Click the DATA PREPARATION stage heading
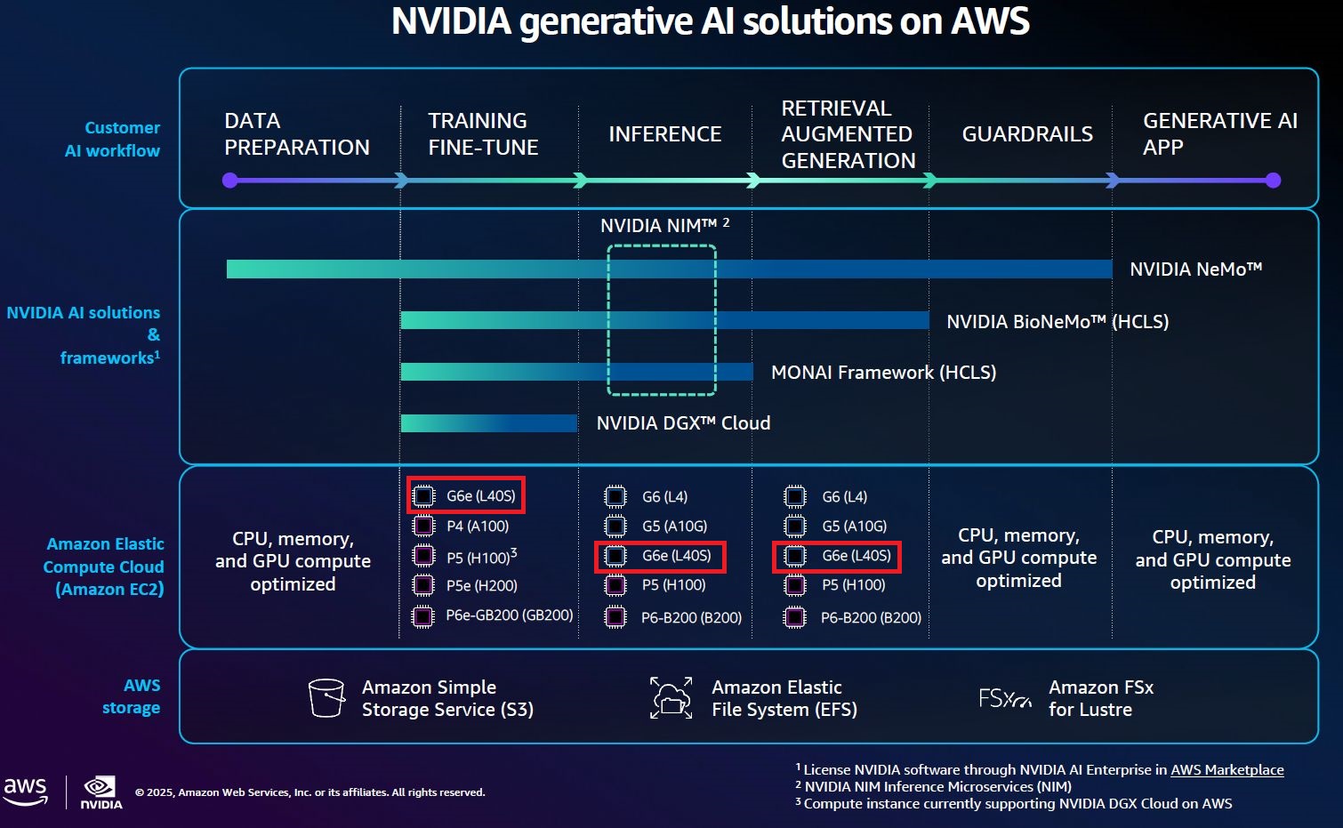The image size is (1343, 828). (x=296, y=133)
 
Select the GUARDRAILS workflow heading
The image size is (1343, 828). (x=1027, y=134)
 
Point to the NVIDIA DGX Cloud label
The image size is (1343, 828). (x=683, y=423)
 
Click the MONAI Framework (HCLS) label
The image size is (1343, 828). (x=883, y=373)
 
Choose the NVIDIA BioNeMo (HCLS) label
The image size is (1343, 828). (x=1057, y=322)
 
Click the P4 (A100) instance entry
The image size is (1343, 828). (x=478, y=527)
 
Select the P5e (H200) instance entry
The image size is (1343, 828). (x=481, y=586)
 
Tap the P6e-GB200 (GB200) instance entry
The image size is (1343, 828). (x=509, y=615)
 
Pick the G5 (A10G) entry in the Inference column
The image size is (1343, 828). (x=674, y=527)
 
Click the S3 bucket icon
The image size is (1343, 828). (x=326, y=698)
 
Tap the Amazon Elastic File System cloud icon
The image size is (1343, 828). (x=671, y=697)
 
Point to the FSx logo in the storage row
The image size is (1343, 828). (x=1004, y=699)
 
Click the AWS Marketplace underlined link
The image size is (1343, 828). (x=1226, y=770)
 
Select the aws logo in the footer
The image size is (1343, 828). (x=26, y=791)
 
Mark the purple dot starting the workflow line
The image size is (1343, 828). (x=230, y=181)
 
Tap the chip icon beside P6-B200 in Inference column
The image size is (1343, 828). (x=615, y=617)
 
